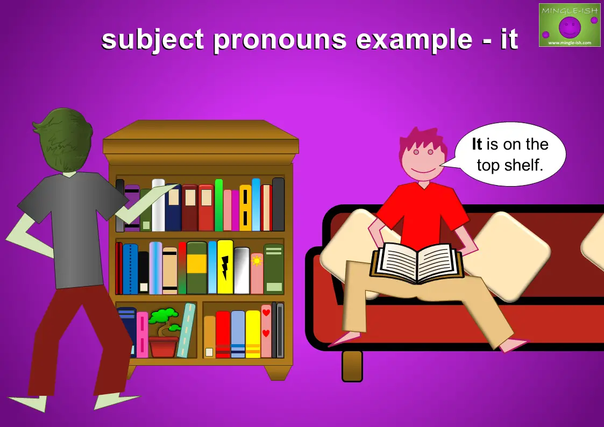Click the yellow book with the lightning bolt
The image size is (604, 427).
tap(225, 267)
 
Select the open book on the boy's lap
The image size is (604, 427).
tap(417, 262)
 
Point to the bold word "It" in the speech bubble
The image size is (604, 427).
tap(477, 144)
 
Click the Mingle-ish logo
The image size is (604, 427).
tap(570, 25)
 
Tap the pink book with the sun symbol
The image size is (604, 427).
tap(257, 273)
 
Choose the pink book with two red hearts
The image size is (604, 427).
tap(266, 331)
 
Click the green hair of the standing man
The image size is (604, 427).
tap(63, 139)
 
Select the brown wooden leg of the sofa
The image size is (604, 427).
tap(352, 366)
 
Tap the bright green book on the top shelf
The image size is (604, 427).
tap(219, 205)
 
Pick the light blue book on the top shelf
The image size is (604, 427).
tap(256, 204)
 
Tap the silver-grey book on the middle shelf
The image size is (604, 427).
tap(241, 271)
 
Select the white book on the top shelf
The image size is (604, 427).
tap(158, 205)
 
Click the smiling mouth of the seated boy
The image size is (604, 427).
tap(423, 170)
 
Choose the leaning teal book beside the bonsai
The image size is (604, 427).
tap(187, 330)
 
